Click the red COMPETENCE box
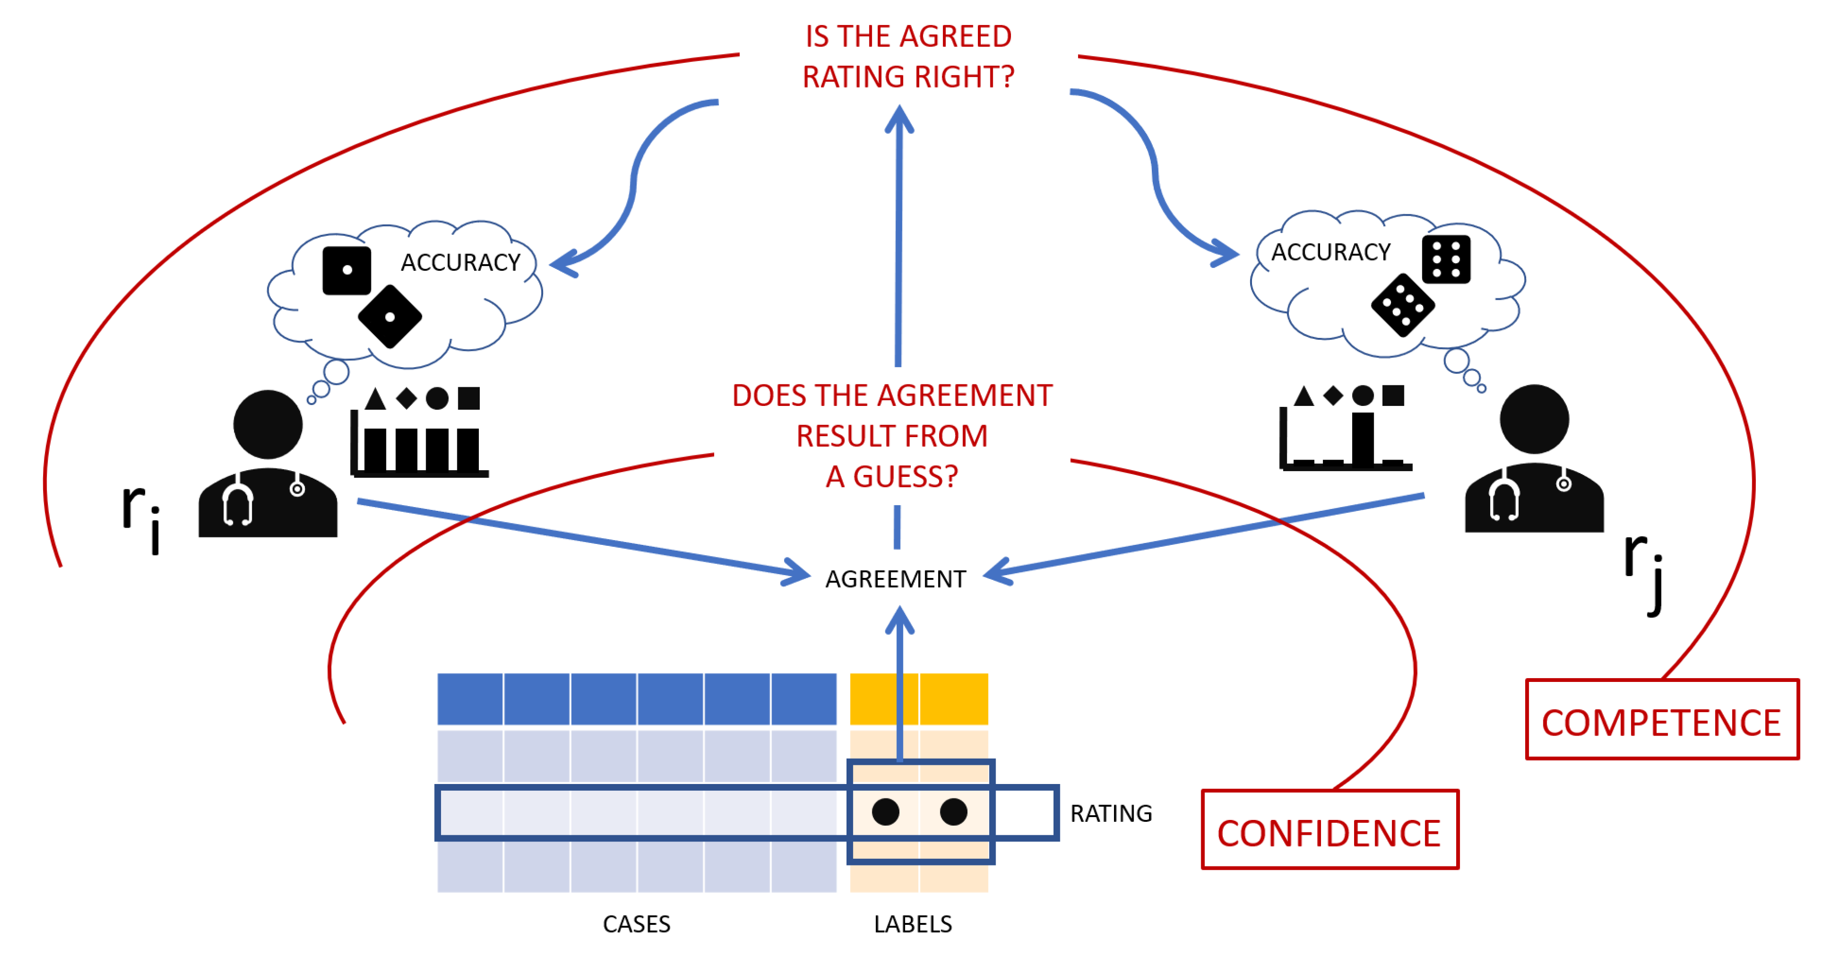(x=1662, y=719)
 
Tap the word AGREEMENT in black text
(x=895, y=579)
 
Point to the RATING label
(x=1111, y=813)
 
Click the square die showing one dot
(x=347, y=270)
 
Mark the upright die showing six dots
(x=1446, y=259)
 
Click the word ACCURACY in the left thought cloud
(x=460, y=262)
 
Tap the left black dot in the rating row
(x=885, y=811)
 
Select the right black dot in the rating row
(x=954, y=811)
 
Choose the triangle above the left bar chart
(x=375, y=399)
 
